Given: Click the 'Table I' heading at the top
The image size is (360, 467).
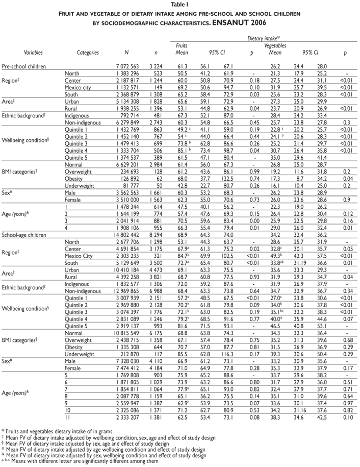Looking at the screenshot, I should coord(179,4).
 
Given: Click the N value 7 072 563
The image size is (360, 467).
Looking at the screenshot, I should coord(126,66).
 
